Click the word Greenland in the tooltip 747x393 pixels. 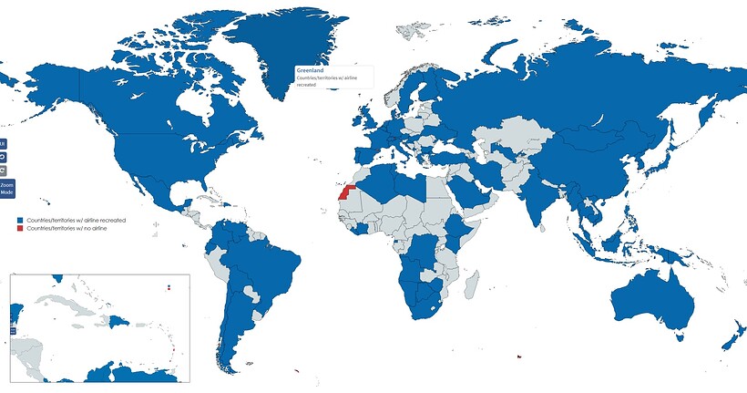[x=311, y=70]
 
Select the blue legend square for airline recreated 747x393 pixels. [x=19, y=221]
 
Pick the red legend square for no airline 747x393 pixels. [x=19, y=228]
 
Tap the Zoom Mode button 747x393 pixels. [x=6, y=189]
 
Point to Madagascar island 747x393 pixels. [x=471, y=286]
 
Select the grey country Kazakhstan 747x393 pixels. [x=516, y=137]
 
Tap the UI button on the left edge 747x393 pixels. [x=3, y=143]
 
